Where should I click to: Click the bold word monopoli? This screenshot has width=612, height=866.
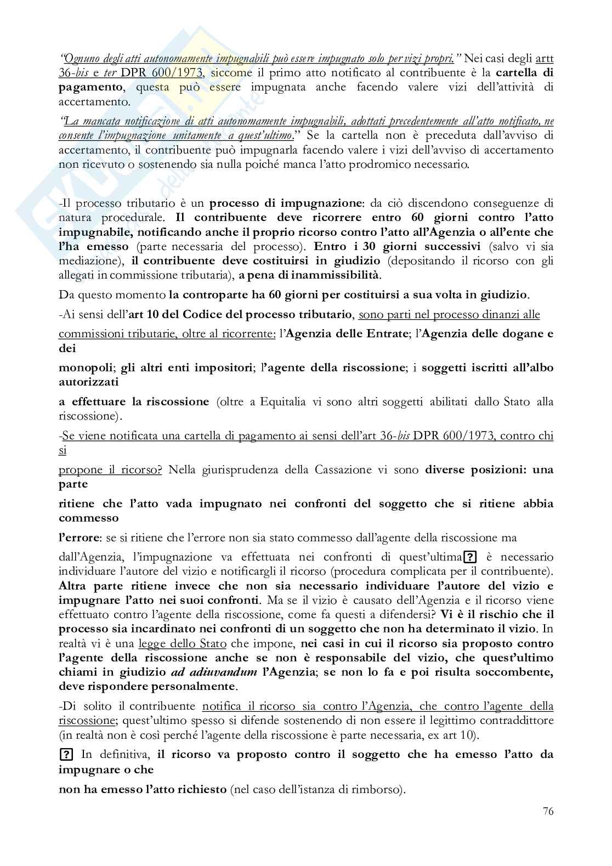(x=83, y=367)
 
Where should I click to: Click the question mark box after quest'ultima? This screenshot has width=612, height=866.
(x=469, y=557)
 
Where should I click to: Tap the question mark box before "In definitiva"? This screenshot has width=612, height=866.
(x=66, y=754)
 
